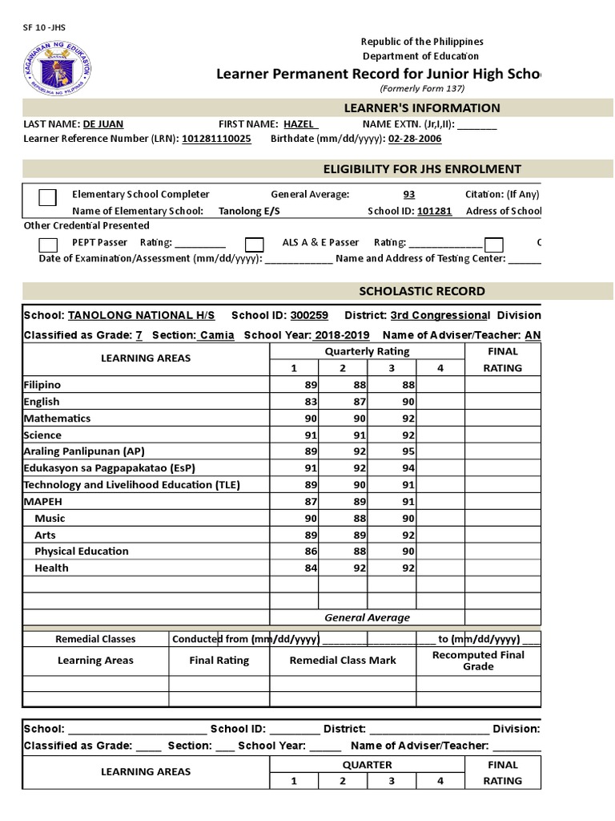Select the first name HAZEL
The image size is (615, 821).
coord(299,124)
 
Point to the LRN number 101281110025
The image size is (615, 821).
coord(216,139)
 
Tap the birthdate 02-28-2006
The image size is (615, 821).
coord(414,139)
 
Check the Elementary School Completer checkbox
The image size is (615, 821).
coord(48,197)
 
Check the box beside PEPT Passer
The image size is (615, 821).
coord(48,245)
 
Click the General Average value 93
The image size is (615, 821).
coord(409,194)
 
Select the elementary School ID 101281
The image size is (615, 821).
coord(435,211)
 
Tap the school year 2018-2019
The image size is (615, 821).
coord(344,335)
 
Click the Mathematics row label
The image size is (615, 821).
coord(57,418)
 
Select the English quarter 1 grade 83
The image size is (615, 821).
coord(311,402)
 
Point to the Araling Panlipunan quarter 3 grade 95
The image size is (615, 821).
coord(408,451)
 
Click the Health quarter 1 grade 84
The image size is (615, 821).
coord(311,568)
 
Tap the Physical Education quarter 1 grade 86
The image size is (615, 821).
coord(311,552)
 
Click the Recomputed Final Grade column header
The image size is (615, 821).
coord(477,661)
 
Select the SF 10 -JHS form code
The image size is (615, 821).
coord(44,27)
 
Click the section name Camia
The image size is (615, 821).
coord(217,335)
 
